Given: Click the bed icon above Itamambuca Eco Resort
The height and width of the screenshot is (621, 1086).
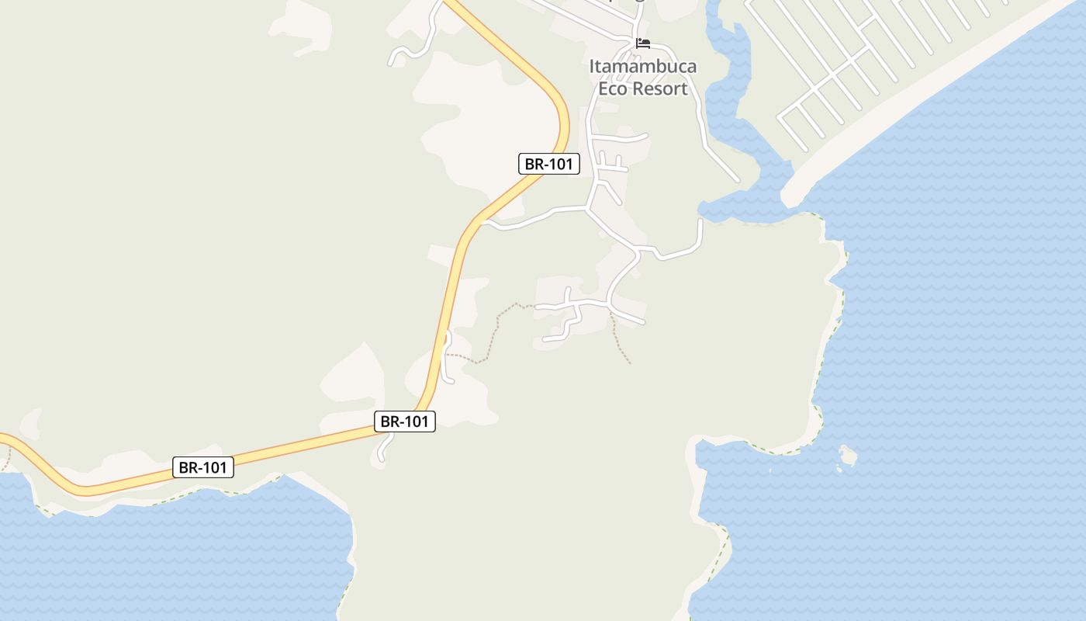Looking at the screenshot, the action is pos(642,43).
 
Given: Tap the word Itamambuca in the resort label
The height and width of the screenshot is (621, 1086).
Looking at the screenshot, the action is pos(642,67).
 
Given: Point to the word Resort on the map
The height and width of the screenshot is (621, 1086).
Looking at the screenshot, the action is pos(660,88).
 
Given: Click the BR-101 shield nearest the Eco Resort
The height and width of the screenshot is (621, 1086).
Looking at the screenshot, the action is pos(548,164).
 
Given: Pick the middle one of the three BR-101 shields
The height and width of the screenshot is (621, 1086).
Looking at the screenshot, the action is pos(405,422).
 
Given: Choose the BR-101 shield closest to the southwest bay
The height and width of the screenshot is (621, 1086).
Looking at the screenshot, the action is pos(202,467).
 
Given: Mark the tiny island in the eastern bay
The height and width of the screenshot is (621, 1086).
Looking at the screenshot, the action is pos(848,455).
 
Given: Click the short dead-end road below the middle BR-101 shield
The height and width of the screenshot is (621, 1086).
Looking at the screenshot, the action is pos(382,449).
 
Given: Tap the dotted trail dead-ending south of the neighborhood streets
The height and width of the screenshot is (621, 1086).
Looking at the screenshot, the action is pos(620,342).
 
